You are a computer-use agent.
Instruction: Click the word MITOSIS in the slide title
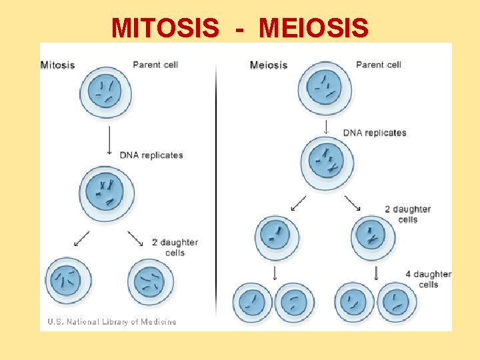[x=165, y=28]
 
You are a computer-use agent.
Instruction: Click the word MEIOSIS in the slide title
[x=313, y=28]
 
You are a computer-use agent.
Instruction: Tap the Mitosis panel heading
[x=58, y=65]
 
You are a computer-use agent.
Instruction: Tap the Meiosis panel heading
[x=269, y=65]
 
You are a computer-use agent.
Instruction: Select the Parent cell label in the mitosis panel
[x=155, y=65]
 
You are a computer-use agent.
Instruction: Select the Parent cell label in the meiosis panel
[x=379, y=65]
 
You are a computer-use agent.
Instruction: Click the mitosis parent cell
[x=105, y=92]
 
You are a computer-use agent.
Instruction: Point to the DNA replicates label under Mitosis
[x=151, y=155]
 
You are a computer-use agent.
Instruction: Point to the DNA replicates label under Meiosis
[x=375, y=133]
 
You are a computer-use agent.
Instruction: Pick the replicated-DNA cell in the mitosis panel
[x=106, y=193]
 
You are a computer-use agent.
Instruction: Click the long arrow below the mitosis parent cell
[x=109, y=139]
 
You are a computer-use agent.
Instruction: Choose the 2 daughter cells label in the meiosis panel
[x=407, y=214]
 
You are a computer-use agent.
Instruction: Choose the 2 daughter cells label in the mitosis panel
[x=175, y=247]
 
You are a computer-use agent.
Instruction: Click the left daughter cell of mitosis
[x=68, y=281]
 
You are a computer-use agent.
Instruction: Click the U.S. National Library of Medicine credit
[x=112, y=322]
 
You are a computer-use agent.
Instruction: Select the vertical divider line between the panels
[x=216, y=187]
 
